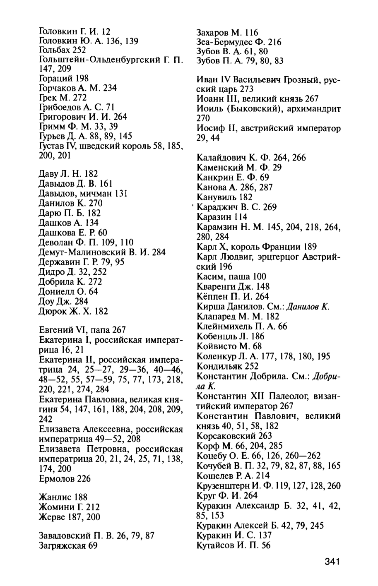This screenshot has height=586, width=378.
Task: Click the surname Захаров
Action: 213,32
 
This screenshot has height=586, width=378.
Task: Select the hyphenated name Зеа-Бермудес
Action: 225,42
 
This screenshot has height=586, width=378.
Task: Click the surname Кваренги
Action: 215,286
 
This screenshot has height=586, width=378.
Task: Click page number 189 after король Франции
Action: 311,247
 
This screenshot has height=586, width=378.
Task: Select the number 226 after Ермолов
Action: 85,478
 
